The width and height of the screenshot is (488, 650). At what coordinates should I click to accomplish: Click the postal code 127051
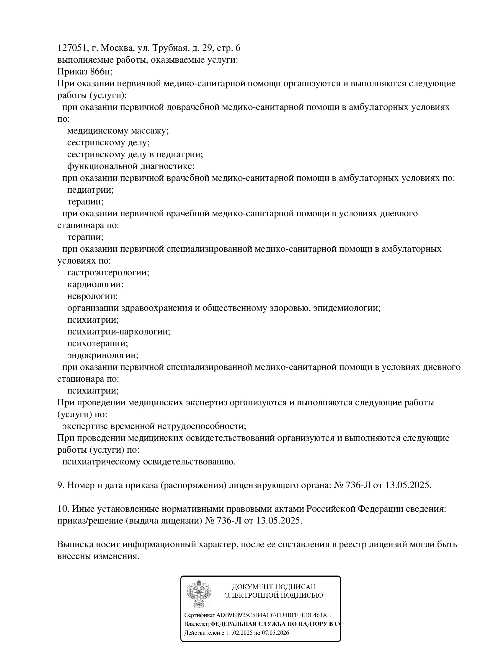click(x=71, y=48)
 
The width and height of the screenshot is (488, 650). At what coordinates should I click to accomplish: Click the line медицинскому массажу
click(x=118, y=131)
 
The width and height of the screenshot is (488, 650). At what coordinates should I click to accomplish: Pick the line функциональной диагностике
click(x=131, y=166)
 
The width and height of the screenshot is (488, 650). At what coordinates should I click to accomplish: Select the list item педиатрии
click(x=90, y=190)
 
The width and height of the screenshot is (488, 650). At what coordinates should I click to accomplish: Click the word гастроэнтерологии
click(x=108, y=272)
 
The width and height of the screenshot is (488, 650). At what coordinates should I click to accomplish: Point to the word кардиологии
click(x=95, y=284)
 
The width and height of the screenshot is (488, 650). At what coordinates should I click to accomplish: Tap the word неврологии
click(x=92, y=296)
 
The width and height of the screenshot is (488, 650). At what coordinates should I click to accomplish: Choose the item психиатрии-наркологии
click(x=119, y=331)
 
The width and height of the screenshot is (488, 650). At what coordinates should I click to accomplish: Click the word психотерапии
click(x=98, y=343)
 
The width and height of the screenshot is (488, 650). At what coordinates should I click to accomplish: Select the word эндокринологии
click(x=103, y=355)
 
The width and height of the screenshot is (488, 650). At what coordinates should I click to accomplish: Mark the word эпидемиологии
click(x=347, y=308)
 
